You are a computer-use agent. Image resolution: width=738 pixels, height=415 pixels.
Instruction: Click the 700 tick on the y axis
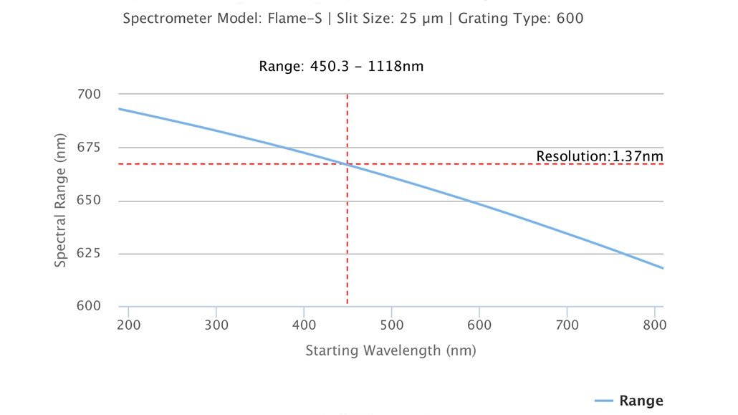tap(90, 94)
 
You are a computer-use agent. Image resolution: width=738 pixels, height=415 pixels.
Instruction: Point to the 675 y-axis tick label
tap(90, 148)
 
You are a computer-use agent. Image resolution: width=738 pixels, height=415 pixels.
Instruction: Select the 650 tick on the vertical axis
tap(90, 201)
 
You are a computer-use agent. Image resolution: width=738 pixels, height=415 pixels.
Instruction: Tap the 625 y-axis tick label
tap(90, 254)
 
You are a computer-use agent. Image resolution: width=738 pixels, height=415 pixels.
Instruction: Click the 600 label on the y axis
tap(90, 306)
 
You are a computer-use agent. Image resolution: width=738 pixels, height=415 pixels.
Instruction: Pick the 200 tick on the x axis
tap(128, 325)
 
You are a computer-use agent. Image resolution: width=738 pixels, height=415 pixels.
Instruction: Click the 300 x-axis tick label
tap(216, 325)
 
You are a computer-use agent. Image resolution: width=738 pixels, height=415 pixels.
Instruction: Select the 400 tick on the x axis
tap(304, 325)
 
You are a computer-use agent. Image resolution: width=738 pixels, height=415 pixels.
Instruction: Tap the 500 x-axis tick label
tap(391, 325)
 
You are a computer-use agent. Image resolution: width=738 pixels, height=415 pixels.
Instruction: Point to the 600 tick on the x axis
tap(479, 325)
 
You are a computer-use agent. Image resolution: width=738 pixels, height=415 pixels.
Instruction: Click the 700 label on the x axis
tap(567, 325)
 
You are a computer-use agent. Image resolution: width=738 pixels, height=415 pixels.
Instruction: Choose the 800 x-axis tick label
tap(654, 325)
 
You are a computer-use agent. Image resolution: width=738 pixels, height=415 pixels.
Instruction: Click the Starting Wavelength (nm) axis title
tap(390, 351)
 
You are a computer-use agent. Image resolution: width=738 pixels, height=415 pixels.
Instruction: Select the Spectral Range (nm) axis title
tap(61, 200)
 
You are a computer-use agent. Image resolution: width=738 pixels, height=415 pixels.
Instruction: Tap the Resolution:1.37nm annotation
tap(600, 156)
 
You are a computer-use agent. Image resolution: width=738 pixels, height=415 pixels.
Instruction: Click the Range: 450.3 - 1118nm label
tap(341, 67)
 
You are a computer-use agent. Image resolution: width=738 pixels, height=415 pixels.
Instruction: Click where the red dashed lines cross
tap(348, 164)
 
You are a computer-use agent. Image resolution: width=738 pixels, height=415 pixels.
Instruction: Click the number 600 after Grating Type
tap(570, 19)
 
